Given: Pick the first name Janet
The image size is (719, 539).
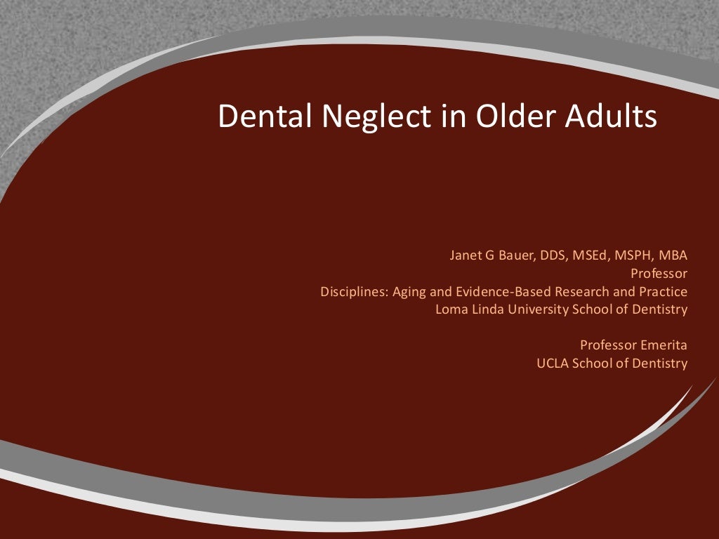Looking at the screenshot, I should click(x=466, y=255).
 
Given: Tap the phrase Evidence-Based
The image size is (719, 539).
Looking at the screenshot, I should click(x=494, y=291).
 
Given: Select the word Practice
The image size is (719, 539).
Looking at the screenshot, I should click(x=663, y=291).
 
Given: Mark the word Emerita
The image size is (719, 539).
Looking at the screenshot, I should click(x=664, y=345).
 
